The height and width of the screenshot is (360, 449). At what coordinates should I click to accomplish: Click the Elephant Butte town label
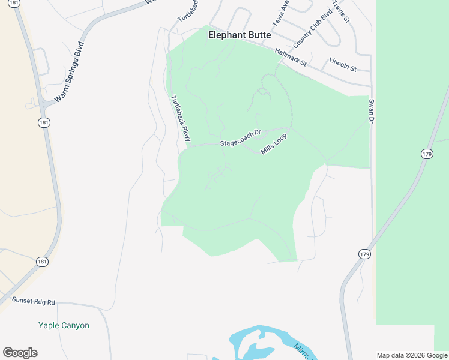(239, 35)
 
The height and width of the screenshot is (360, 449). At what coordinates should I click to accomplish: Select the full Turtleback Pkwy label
(180, 119)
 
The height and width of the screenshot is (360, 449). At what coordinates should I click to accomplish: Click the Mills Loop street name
(274, 143)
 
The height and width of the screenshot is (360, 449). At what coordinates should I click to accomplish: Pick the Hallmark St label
(291, 58)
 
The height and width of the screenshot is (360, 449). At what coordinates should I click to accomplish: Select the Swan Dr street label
(371, 112)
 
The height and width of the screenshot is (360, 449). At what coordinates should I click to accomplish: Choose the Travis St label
(343, 11)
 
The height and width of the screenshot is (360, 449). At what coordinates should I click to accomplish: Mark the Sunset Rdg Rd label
(34, 302)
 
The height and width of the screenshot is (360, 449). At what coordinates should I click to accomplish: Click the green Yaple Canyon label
(64, 326)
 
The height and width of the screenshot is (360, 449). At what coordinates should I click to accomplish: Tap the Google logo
(20, 353)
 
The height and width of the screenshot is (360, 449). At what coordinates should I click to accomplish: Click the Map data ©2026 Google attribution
(412, 355)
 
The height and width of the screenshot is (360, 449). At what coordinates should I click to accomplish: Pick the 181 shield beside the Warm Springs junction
(43, 123)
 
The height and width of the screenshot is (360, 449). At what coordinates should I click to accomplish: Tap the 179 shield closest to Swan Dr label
(427, 154)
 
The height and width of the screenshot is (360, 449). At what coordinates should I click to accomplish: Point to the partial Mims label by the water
(303, 352)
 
